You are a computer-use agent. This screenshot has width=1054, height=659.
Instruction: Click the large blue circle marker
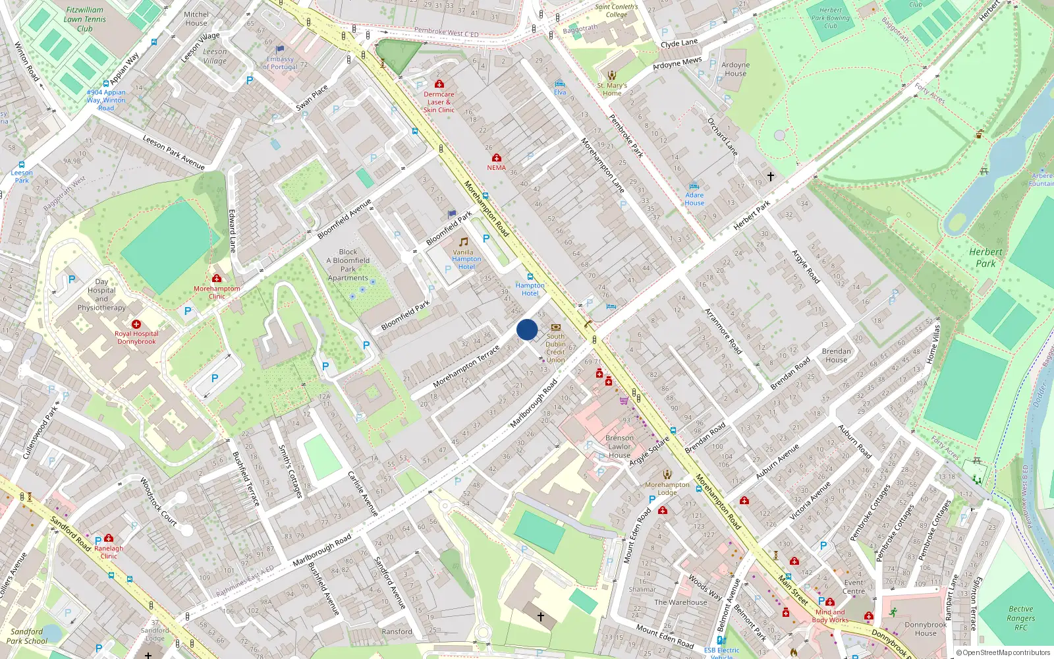(x=527, y=329)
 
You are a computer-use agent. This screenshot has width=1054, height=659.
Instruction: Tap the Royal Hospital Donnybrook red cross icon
(x=136, y=324)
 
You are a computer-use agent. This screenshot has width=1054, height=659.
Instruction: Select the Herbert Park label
(x=985, y=258)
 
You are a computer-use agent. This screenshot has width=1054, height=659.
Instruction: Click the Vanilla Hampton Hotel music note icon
(x=464, y=242)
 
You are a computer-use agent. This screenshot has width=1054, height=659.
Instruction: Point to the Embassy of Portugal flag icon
(x=280, y=49)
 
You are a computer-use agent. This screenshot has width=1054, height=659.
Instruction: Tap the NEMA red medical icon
(x=497, y=158)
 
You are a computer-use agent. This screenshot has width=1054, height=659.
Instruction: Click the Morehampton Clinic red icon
(x=217, y=279)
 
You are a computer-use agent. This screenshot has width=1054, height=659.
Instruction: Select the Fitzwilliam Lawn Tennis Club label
(x=85, y=19)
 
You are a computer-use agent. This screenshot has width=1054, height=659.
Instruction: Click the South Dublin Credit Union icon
(x=556, y=328)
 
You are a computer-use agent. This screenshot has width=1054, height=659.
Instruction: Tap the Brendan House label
(x=837, y=356)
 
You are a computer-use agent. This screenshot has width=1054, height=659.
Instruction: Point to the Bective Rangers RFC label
(x=1020, y=618)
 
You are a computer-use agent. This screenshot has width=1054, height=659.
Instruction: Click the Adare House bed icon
(x=694, y=186)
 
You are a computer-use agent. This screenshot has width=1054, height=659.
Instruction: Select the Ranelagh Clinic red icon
(x=109, y=538)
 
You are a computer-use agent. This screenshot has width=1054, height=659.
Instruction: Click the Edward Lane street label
(x=232, y=231)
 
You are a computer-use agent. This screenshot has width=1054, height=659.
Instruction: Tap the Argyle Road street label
(x=806, y=266)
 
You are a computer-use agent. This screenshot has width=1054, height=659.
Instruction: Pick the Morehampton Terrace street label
(x=466, y=368)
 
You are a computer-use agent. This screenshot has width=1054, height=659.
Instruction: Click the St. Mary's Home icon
(x=612, y=76)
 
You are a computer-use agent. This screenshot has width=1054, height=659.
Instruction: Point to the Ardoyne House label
(x=735, y=69)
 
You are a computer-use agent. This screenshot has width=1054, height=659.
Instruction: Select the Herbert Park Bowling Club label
(x=831, y=18)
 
